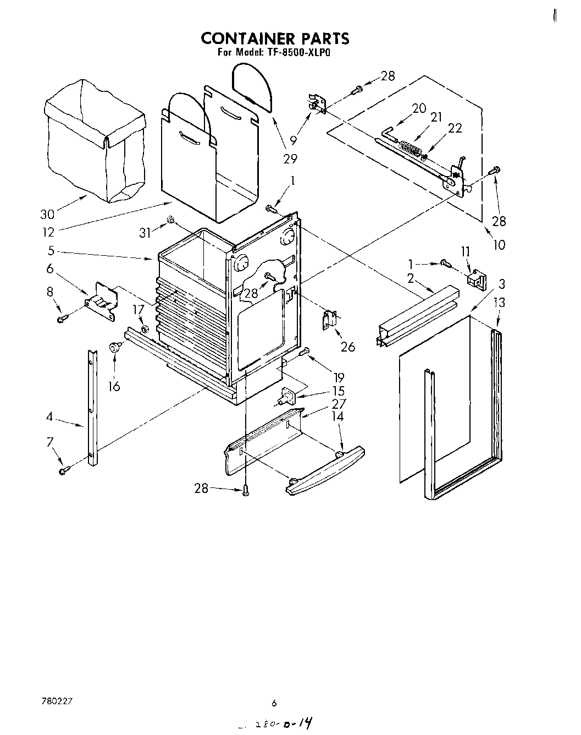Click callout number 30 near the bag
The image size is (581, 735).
[48, 215]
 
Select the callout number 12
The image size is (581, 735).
[48, 232]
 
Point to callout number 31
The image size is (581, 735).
[145, 233]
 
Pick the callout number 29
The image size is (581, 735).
[290, 159]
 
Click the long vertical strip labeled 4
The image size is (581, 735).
[93, 407]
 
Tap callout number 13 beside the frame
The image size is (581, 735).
[499, 302]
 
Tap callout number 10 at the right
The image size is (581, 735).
[499, 244]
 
